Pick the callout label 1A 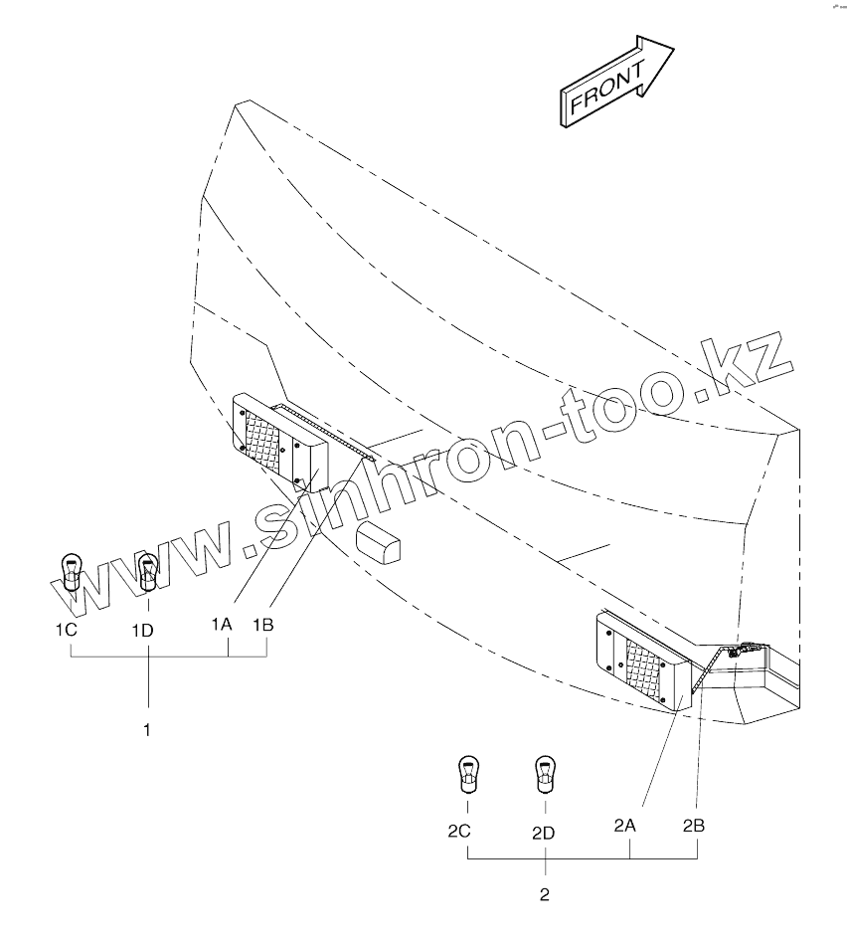[x=221, y=624]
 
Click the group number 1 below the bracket [x=147, y=729]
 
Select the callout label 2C [x=458, y=831]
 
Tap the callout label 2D [x=543, y=833]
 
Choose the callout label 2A [x=624, y=825]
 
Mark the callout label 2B [x=694, y=825]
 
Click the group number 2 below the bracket [x=544, y=894]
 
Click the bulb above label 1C [x=70, y=571]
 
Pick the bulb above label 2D [x=543, y=773]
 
